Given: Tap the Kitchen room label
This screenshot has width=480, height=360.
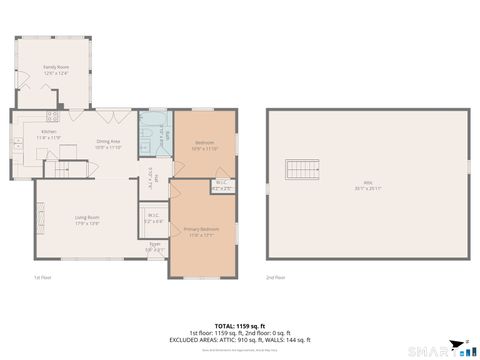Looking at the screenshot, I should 50,135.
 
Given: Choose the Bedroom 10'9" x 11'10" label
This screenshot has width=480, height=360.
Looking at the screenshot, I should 203,145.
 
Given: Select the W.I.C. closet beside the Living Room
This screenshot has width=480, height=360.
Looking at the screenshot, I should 153,218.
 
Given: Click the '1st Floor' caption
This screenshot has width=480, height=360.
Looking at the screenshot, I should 42,278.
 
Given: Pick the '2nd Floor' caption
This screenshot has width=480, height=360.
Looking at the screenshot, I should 276,278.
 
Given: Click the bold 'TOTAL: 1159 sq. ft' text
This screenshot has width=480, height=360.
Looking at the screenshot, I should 240,326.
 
